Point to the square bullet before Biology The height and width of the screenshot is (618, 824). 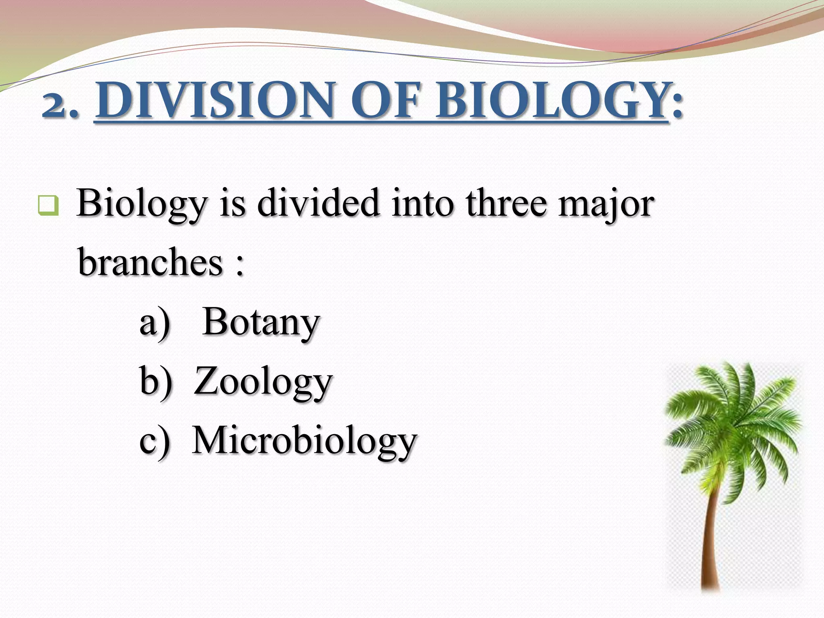[x=48, y=205]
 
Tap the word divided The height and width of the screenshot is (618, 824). [x=318, y=203]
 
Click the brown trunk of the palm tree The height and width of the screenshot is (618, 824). [x=711, y=543]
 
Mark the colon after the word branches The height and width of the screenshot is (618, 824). [x=240, y=266]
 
